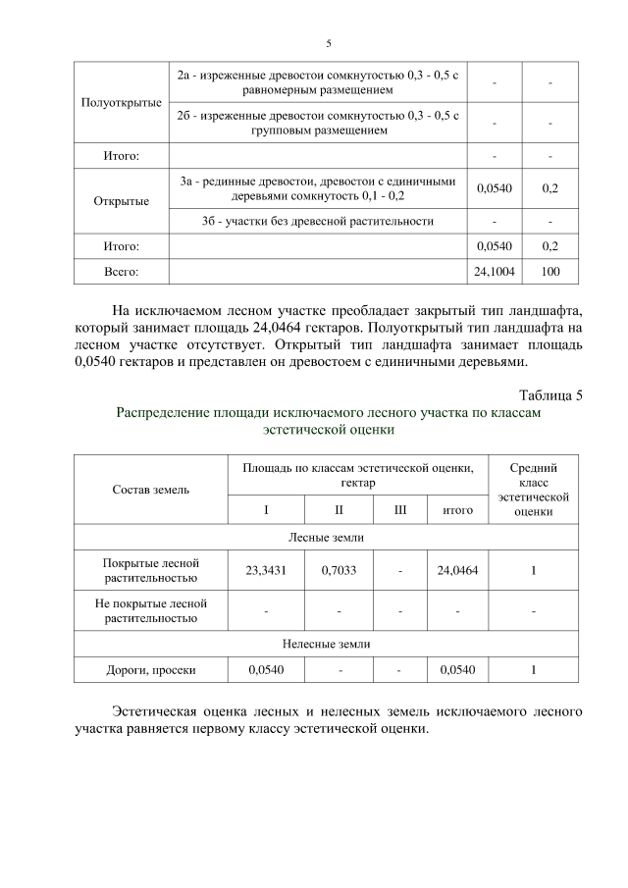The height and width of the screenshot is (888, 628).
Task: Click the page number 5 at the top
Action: coord(329,43)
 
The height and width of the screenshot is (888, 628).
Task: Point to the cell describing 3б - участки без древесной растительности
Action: coord(318,221)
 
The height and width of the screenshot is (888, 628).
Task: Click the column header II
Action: coord(339,509)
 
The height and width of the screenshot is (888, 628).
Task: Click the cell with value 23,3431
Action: coord(265,570)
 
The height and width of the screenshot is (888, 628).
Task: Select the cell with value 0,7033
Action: coord(339,570)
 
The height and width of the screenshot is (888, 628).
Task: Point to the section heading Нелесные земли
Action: coord(329,644)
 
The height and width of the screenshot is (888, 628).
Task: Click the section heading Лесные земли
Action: coord(329,537)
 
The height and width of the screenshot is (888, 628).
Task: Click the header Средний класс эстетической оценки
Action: coord(533,489)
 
